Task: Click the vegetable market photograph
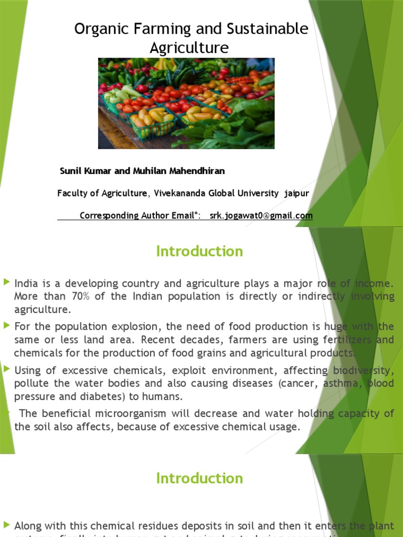(186, 103)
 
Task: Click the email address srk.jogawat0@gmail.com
(261, 216)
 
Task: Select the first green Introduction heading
(199, 251)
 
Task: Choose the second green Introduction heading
(199, 478)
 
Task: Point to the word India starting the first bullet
(26, 284)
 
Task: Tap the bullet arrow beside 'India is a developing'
(6, 283)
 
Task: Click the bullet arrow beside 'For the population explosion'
(6, 326)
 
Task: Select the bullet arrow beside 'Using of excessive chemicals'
(6, 369)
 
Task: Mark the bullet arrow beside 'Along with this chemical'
(6, 524)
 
